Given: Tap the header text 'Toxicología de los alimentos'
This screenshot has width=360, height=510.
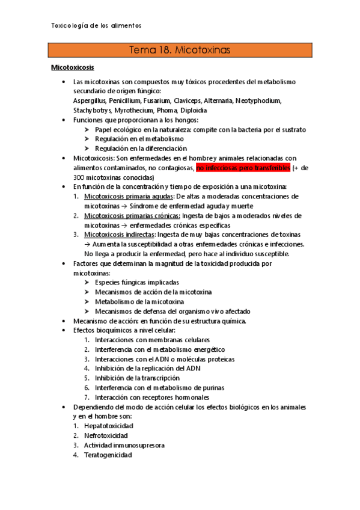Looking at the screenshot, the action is [x=96, y=26].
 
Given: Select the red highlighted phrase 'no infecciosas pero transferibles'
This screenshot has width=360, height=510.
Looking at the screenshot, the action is [x=243, y=168].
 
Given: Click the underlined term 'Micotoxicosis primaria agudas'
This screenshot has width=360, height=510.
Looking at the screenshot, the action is [x=128, y=197].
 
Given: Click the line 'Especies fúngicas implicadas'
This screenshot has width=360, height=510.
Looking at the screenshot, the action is [x=136, y=283].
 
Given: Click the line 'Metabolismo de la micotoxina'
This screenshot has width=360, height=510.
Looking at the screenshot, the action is [x=139, y=302].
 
